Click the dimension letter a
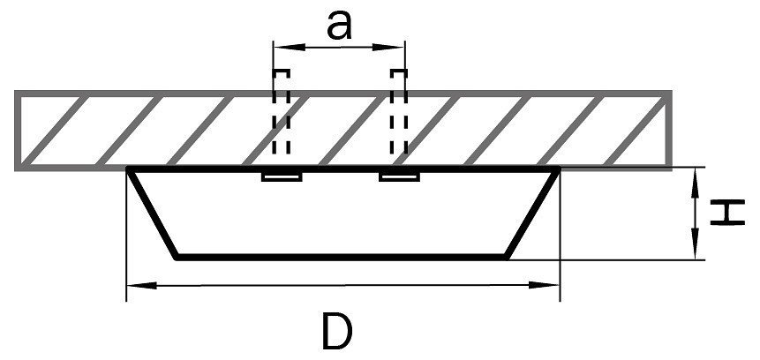[x=339, y=24]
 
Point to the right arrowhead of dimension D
[x=551, y=284]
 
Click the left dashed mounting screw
[x=281, y=119]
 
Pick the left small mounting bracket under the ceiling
[x=282, y=177]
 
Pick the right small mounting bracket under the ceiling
[x=398, y=177]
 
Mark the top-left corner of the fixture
[x=130, y=168]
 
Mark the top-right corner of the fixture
[x=559, y=168]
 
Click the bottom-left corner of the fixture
[x=177, y=258]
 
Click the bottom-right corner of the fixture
[x=510, y=258]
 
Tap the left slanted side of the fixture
[x=154, y=213]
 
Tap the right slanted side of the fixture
[x=534, y=213]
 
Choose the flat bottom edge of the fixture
[x=344, y=258]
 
